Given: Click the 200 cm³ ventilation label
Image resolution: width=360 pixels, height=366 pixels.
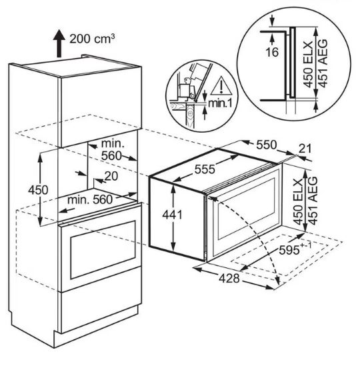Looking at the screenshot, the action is point(92,39).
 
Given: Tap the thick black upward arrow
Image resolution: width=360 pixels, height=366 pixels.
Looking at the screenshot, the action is point(59,43).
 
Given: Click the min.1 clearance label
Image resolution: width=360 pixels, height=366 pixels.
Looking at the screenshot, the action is point(220,103).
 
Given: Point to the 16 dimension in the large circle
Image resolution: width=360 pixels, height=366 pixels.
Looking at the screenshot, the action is point(272,52).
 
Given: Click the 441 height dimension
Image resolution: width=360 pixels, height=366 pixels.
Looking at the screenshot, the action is point(172,215).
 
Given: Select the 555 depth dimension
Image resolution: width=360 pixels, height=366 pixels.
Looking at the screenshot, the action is point(205,169).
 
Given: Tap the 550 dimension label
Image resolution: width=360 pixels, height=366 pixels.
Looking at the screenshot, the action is point(267,145).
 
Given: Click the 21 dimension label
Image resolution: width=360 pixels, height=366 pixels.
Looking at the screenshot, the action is point(305,149).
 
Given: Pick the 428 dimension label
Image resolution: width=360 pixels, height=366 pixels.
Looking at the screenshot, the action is point(229,278).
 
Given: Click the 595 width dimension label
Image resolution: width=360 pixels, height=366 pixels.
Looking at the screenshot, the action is point(295,249).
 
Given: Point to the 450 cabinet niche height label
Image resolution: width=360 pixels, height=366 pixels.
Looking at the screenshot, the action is point(38,190).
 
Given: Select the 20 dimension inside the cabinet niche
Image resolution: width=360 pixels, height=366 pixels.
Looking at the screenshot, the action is point(111,176).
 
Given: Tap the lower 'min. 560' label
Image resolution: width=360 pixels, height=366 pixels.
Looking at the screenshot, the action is point(90,200).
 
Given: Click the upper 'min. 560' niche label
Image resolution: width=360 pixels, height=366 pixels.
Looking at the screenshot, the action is point(112,150).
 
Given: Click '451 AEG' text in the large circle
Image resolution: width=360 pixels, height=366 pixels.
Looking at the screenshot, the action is point(323,63).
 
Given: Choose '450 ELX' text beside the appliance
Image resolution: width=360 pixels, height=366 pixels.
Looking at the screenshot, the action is point(298,202).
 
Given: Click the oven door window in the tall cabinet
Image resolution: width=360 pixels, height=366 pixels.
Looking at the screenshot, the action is point(103,249).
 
